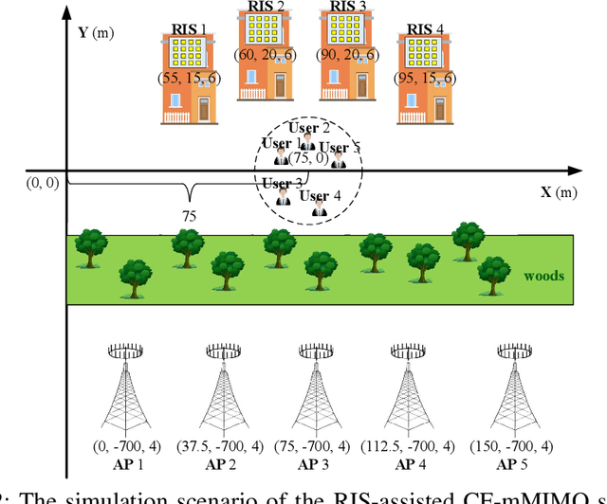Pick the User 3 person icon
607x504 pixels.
coord(283,198)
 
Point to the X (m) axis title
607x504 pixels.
coord(559,192)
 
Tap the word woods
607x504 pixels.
coord(543,277)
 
